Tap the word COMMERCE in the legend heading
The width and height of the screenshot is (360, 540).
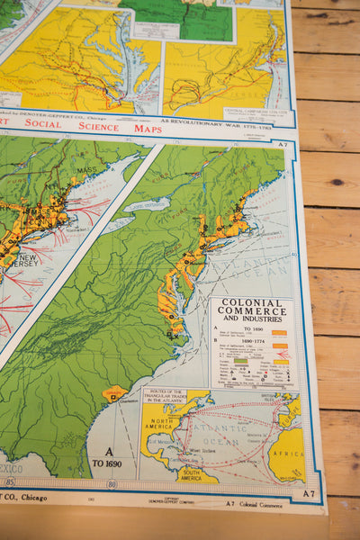tap(252, 312)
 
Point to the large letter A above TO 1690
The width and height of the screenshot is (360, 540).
tap(109, 452)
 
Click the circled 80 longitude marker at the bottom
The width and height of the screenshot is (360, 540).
tap(112, 483)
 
